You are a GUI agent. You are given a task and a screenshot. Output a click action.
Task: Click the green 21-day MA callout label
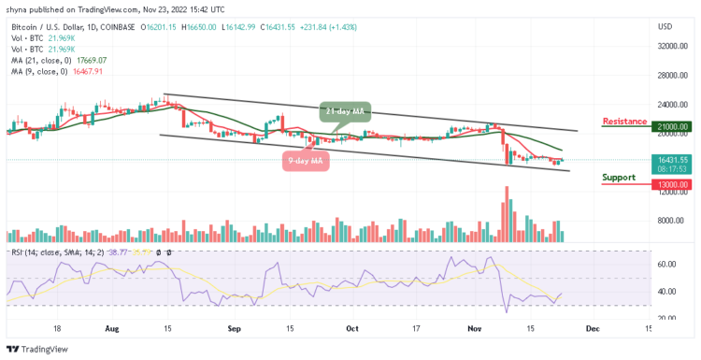343,112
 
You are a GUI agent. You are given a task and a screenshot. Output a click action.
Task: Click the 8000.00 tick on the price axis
669,221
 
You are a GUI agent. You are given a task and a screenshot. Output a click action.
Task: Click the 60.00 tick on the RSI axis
665,265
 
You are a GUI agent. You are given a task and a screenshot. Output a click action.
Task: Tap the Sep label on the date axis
235,330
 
